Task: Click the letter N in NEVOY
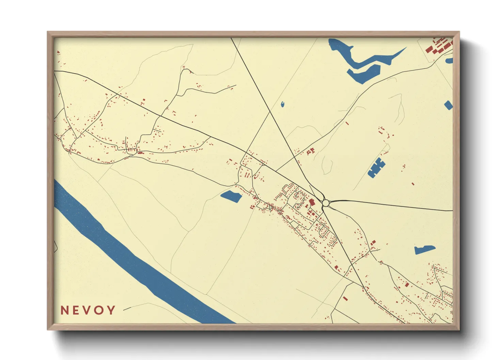65,310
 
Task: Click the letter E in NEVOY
76,310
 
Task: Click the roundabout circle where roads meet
326,203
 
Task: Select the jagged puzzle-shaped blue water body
376,167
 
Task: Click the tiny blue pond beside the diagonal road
283,104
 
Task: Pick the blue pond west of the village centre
231,196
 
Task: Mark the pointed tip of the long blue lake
405,48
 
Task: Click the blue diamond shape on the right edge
448,105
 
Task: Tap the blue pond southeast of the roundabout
424,250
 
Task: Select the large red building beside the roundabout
312,202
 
